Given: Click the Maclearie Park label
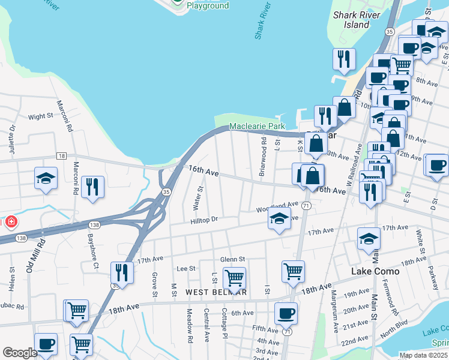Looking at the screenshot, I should (257, 127).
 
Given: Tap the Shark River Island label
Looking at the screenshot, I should (357, 20).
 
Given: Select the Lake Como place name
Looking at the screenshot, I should (375, 271).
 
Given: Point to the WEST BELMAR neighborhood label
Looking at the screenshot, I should (216, 292).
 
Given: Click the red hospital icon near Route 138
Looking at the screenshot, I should (10, 223).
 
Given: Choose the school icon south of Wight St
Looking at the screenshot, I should (46, 178).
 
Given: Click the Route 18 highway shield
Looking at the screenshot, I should (62, 155).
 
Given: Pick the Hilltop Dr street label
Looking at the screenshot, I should (203, 220).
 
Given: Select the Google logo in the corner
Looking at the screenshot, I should (20, 353).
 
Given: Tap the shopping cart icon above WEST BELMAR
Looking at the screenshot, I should (234, 278).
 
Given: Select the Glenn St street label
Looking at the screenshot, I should (233, 259).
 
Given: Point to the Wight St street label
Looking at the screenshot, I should (41, 117).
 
